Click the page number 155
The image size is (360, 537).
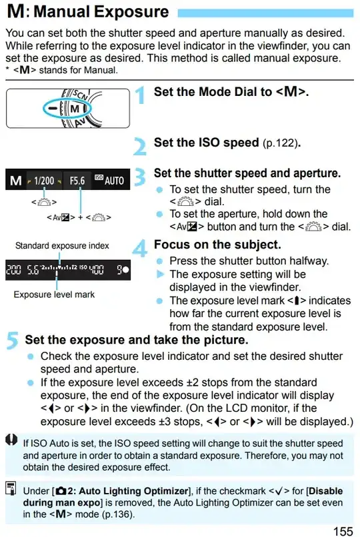click(x=343, y=530)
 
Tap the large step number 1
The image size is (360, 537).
click(x=140, y=97)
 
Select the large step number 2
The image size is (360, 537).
click(x=140, y=145)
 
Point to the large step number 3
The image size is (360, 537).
click(x=140, y=177)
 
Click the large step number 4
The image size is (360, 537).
click(x=140, y=248)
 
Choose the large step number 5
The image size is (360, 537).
click(x=13, y=342)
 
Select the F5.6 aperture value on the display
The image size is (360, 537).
click(x=78, y=181)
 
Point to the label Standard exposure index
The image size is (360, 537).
click(x=62, y=246)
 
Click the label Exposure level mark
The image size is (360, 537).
click(x=54, y=294)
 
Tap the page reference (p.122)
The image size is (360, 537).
click(x=280, y=143)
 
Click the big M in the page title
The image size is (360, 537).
click(x=15, y=12)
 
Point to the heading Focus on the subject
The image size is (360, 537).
click(x=217, y=245)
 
